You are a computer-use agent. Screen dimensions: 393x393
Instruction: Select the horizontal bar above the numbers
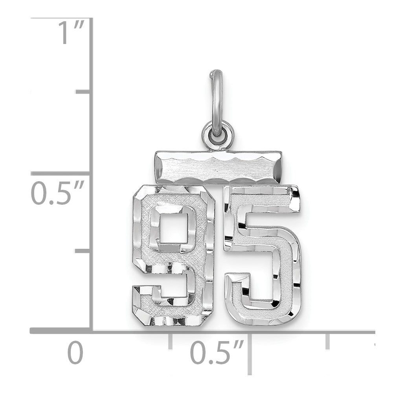[x=217, y=167]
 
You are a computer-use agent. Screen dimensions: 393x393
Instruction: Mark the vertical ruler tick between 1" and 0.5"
[x=83, y=92]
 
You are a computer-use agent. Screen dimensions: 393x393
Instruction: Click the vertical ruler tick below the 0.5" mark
[x=83, y=250]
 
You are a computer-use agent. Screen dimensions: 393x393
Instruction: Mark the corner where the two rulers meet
[x=92, y=331]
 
